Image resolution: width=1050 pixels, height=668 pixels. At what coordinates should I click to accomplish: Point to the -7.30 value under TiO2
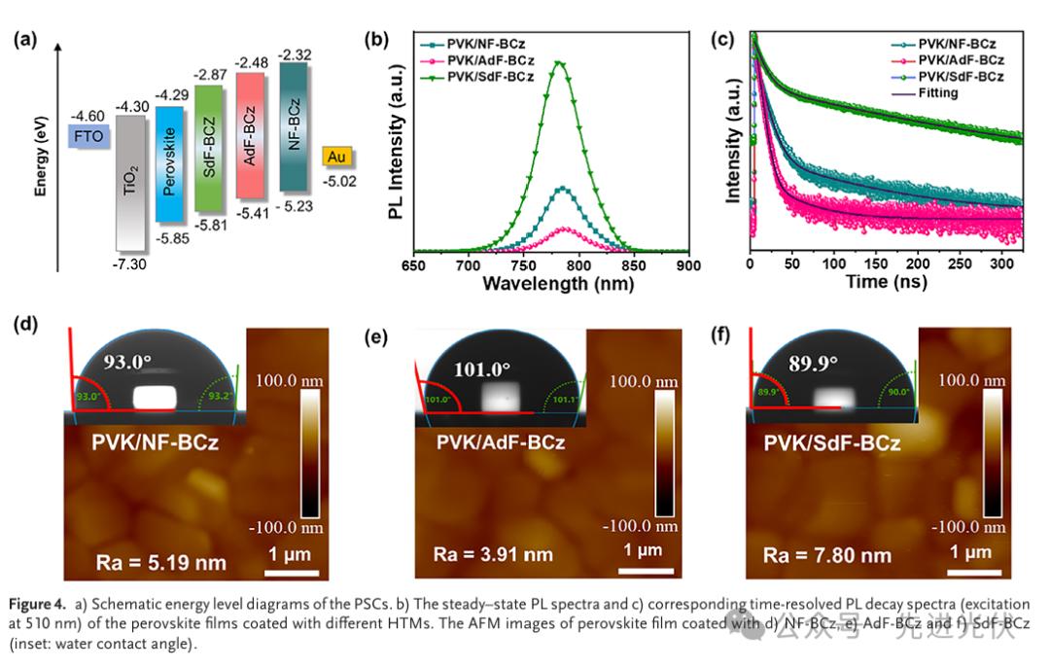click(x=130, y=264)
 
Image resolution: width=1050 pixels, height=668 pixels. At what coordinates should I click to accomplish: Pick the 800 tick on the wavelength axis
click(x=579, y=264)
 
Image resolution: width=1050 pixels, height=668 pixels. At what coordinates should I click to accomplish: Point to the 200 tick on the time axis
click(x=917, y=264)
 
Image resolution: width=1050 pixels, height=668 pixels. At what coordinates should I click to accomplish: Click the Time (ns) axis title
click(x=882, y=283)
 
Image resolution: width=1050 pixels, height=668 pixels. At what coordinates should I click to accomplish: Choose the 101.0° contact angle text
click(x=483, y=369)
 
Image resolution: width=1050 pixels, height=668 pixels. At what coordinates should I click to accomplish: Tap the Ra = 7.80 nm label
click(x=826, y=556)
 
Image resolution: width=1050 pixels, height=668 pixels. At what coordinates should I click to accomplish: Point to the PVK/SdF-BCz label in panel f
click(x=831, y=444)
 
